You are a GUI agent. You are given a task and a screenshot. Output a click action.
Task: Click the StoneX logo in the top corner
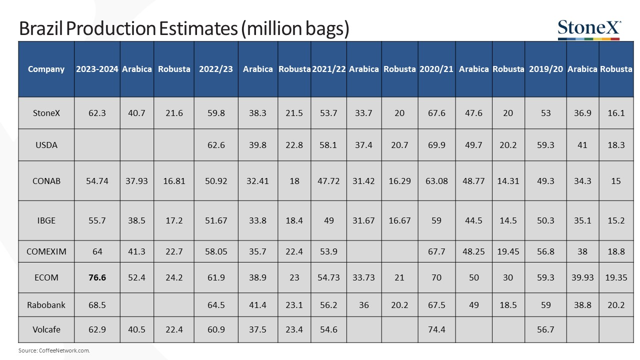(x=589, y=29)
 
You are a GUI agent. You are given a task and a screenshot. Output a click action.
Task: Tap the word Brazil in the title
(x=40, y=28)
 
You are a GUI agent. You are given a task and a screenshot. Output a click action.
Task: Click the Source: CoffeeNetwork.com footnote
(x=54, y=350)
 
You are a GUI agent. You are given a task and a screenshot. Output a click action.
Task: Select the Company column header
(x=46, y=69)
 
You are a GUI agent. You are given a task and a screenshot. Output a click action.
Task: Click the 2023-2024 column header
(x=97, y=69)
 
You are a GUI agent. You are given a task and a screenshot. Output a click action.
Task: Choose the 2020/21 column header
(x=436, y=69)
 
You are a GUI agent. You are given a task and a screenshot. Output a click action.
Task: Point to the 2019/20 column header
(x=545, y=69)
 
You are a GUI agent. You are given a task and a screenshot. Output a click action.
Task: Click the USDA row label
(x=46, y=145)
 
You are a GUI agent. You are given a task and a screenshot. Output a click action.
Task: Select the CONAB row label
(x=46, y=181)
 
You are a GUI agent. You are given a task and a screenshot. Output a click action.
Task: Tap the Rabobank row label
(x=46, y=305)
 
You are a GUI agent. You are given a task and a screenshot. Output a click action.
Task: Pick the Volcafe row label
(x=46, y=329)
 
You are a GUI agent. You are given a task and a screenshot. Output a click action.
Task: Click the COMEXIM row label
(x=46, y=251)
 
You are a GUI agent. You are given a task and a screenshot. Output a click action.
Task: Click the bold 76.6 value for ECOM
(x=97, y=277)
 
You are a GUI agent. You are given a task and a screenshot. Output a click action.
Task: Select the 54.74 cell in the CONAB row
(x=97, y=181)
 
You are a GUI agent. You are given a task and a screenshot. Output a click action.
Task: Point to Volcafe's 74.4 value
(x=436, y=329)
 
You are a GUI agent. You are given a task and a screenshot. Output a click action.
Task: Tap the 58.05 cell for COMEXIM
(x=216, y=251)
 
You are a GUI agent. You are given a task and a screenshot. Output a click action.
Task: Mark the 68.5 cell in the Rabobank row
(x=97, y=305)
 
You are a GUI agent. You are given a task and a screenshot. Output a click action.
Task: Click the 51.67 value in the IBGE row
(x=216, y=220)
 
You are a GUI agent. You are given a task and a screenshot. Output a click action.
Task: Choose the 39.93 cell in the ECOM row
(x=582, y=277)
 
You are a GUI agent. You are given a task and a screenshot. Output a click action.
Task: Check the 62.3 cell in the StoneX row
(x=97, y=113)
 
